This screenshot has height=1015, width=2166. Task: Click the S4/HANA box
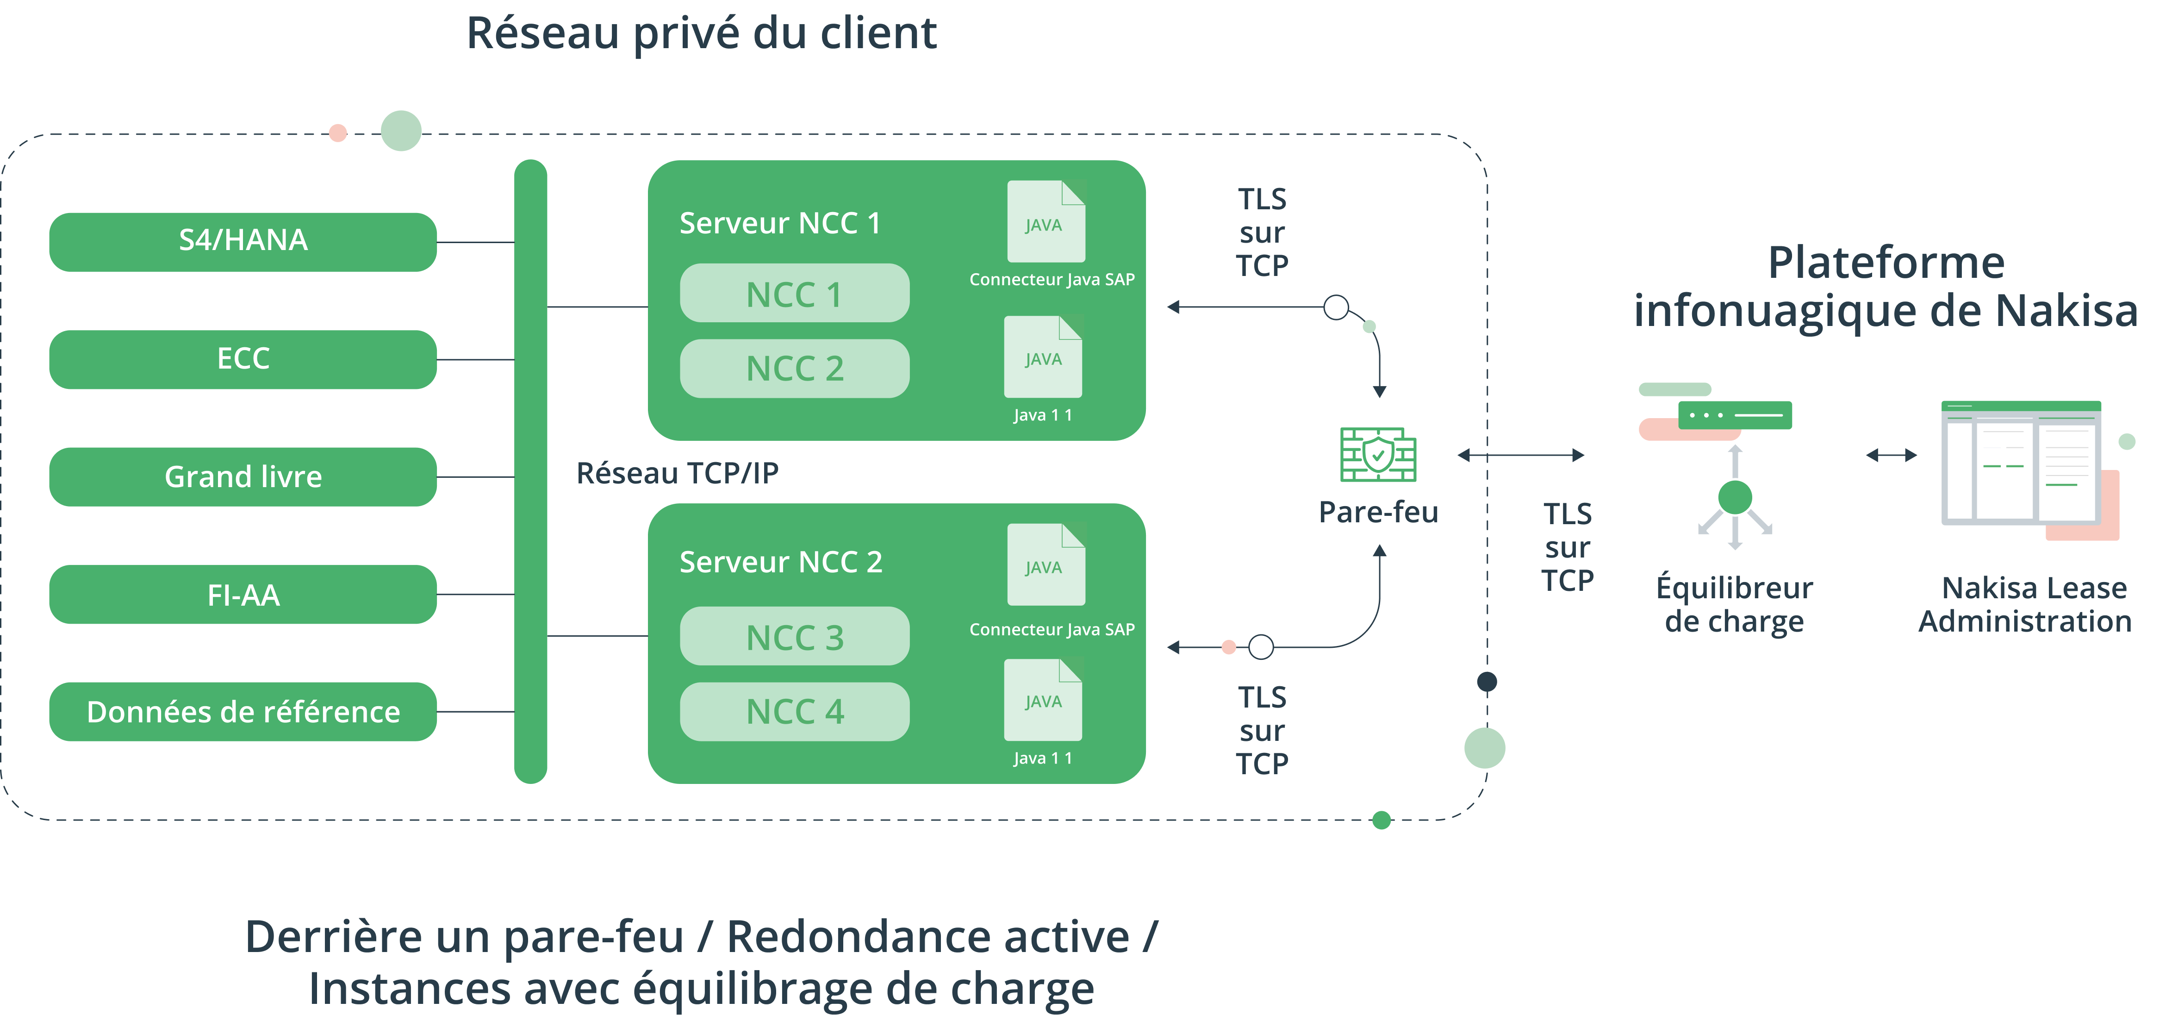[x=243, y=241]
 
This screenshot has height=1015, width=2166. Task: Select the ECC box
[x=243, y=359]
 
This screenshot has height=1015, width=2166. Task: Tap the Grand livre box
[x=243, y=477]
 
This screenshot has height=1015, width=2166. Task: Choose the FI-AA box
[x=243, y=595]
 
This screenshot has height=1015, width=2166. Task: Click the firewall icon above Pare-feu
[x=1378, y=455]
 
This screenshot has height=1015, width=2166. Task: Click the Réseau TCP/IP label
[x=678, y=473]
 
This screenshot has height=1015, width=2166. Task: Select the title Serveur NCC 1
[x=779, y=223]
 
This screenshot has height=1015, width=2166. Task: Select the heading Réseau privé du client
[x=701, y=34]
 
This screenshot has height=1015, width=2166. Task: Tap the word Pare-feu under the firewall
[x=1378, y=512]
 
